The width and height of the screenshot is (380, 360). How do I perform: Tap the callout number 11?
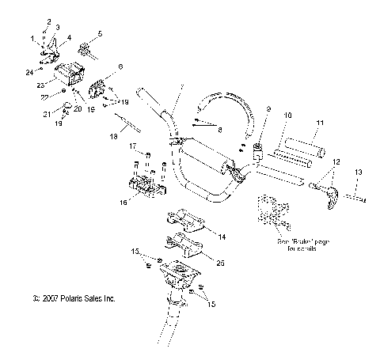(x=320, y=123)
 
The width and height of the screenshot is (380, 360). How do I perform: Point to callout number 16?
(x=121, y=203)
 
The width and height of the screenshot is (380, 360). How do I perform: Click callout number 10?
(x=287, y=116)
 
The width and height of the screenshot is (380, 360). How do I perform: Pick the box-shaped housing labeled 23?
(x=69, y=77)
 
